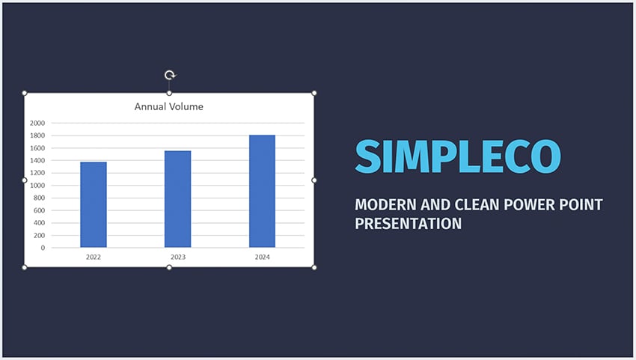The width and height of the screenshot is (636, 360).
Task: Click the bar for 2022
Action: tap(94, 204)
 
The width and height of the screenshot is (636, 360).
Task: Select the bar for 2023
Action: tap(177, 199)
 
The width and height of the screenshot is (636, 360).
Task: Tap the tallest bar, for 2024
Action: tap(262, 191)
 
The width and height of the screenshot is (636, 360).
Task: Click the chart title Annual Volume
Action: tap(169, 107)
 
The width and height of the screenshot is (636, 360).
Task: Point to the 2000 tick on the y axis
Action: tap(37, 123)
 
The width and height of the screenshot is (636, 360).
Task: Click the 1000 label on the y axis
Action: tap(37, 186)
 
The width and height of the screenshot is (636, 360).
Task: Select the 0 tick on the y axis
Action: tap(43, 248)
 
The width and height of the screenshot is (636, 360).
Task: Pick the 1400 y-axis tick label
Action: tap(37, 160)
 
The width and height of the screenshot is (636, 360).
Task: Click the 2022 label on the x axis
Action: tap(94, 257)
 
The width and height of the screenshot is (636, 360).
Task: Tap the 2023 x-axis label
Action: tap(177, 257)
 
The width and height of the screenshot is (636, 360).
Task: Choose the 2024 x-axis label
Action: tap(262, 257)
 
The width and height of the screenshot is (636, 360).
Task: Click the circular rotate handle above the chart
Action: tap(170, 75)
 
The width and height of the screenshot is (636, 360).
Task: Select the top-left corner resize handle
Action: tap(25, 93)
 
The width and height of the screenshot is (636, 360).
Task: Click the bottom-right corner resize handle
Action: tap(314, 267)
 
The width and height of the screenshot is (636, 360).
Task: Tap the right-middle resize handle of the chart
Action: tap(314, 180)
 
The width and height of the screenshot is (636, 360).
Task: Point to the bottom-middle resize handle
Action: tap(169, 267)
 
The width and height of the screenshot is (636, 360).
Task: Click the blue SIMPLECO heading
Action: tap(458, 156)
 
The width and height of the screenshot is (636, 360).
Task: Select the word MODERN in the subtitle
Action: tap(385, 204)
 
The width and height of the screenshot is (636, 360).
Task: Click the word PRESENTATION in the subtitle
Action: tap(408, 223)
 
